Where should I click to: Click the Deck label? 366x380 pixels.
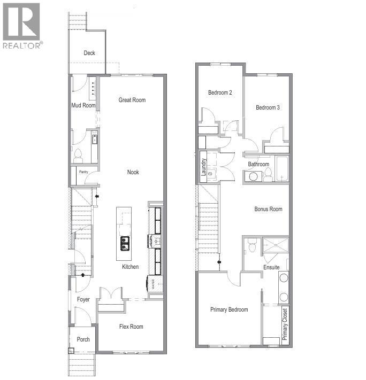[x=89, y=53]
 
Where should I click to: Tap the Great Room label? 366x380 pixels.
[x=132, y=100]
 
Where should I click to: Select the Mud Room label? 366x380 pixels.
[x=83, y=105]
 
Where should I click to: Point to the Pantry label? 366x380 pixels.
[x=83, y=172]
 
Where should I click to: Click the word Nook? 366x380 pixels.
[x=133, y=172]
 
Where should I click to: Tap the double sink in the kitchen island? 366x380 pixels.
[x=124, y=244]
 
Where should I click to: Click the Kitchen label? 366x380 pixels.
[x=130, y=267]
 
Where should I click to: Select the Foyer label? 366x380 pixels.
[x=83, y=300]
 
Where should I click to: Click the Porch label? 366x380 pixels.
[x=83, y=339]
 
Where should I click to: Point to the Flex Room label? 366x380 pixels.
[x=131, y=327]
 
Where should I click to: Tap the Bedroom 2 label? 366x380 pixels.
[x=220, y=92]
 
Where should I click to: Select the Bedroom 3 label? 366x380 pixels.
[x=268, y=107]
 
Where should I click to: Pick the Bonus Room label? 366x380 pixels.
[x=268, y=209]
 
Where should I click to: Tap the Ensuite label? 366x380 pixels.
[x=271, y=267]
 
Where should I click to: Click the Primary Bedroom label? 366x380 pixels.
[x=229, y=309]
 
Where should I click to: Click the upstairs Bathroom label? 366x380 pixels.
[x=258, y=164]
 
